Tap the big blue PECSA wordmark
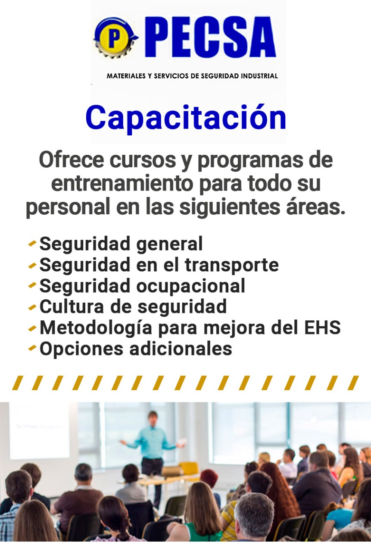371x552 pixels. pyautogui.click(x=212, y=37)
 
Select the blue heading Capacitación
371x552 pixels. pyautogui.click(x=186, y=118)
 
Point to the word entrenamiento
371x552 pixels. pyautogui.click(x=122, y=184)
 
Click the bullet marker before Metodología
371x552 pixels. pyautogui.click(x=32, y=328)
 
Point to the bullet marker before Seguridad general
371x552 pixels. pyautogui.click(x=32, y=244)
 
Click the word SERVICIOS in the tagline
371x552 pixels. pyautogui.click(x=171, y=76)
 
